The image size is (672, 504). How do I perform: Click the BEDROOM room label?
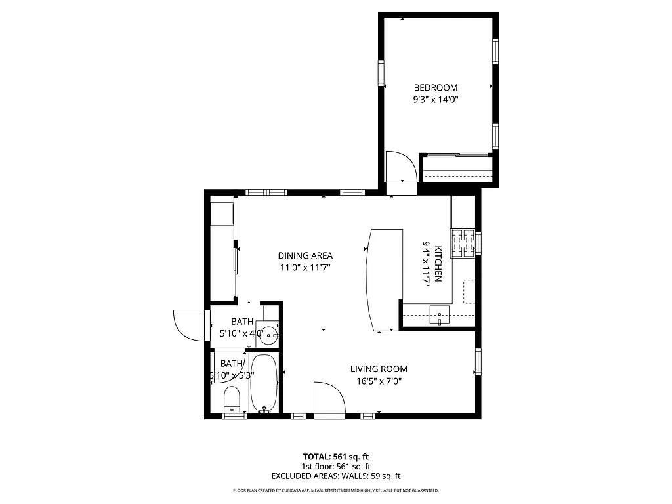point(435,88)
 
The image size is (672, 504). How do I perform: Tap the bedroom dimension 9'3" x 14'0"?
point(435,100)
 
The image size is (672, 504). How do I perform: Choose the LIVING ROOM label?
point(379,369)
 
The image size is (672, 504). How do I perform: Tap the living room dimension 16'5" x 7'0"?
point(379,381)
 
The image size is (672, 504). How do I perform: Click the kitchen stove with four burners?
point(462,243)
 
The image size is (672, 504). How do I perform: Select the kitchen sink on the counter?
point(440,316)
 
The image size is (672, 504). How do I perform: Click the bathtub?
point(264,384)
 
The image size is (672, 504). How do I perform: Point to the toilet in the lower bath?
point(232,399)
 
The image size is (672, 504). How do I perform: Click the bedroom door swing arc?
point(400,167)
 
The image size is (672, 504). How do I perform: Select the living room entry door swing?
point(329,398)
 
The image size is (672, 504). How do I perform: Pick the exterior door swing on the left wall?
point(188,324)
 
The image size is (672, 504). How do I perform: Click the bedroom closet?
point(458,168)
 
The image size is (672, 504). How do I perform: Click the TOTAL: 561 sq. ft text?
point(335,457)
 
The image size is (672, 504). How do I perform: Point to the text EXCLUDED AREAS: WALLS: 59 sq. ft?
point(335,476)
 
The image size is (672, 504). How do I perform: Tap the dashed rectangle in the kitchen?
point(469,291)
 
